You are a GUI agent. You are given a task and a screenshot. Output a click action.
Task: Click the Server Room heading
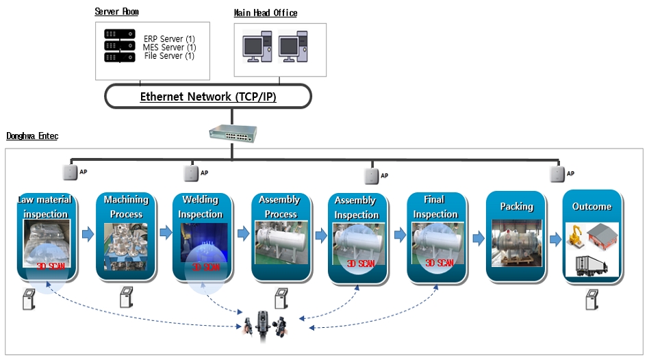pos(116,12)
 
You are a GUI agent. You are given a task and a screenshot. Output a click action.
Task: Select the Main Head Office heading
pos(266,13)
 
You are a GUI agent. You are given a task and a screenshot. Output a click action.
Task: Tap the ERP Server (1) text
pos(168,38)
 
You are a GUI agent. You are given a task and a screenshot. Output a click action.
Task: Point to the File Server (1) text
pos(168,56)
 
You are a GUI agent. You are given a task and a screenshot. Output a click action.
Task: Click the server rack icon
pos(120,46)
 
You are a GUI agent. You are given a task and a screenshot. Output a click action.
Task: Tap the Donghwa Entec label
pos(32,136)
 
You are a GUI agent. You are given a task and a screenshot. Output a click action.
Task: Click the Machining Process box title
pos(126,207)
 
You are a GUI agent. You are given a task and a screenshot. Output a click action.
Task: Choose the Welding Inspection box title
pos(201,207)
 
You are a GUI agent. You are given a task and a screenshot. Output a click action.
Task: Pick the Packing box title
pos(516,207)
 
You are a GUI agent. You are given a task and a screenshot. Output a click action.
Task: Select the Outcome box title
pos(591,207)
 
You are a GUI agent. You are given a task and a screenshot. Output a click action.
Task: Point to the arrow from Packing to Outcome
pos(555,240)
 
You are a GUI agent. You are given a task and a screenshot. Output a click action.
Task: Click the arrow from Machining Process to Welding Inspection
pos(166,233)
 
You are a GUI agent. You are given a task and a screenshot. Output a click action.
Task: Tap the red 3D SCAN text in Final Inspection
pos(440,263)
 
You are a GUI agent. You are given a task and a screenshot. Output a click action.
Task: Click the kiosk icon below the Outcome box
pos(591,300)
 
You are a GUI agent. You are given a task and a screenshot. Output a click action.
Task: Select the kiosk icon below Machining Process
pos(126,298)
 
